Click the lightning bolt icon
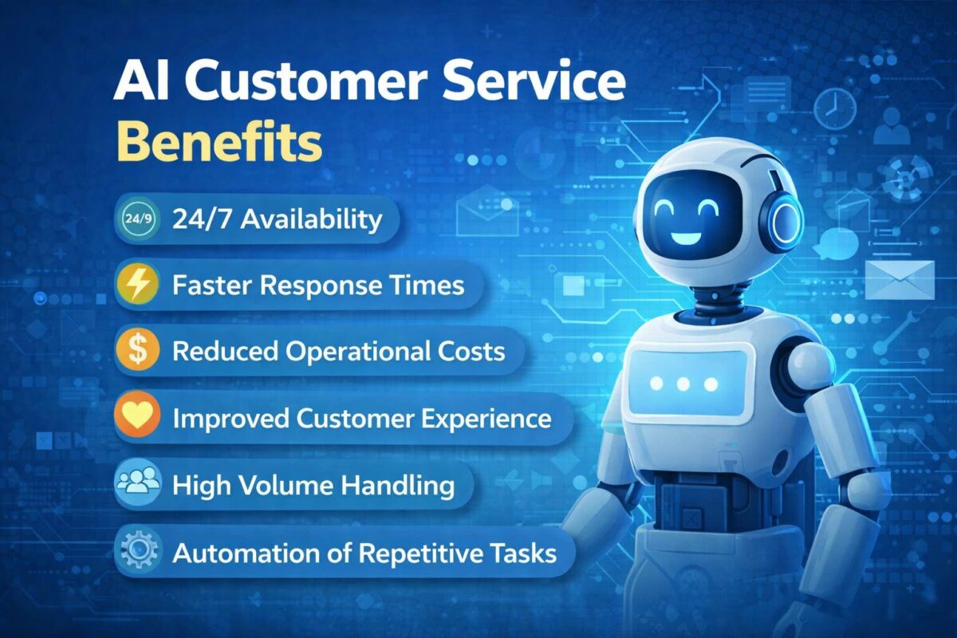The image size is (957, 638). tap(139, 286)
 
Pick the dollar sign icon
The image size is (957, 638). tap(139, 352)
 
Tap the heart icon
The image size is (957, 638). tap(139, 419)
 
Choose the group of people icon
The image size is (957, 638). tap(139, 485)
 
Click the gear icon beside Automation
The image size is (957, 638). tap(139, 553)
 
